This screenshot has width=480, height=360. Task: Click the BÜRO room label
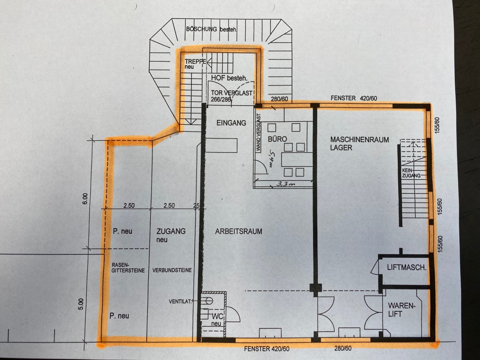tap(278, 139)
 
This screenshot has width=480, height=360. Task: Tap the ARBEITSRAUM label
tap(238, 231)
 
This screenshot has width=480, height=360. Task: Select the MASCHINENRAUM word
tap(359, 139)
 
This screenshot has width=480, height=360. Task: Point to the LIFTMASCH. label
tap(407, 267)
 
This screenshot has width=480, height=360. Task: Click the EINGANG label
tap(231, 123)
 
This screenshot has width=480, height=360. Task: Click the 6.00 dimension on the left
tap(85, 198)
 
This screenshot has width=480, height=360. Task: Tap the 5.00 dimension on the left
tap(81, 304)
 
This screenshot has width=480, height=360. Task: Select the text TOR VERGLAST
tap(231, 93)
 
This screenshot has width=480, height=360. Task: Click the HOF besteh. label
tap(229, 78)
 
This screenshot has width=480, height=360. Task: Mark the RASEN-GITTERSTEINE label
tap(128, 268)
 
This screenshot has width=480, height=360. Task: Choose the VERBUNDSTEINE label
tap(172, 270)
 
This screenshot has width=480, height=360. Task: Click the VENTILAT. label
tap(180, 301)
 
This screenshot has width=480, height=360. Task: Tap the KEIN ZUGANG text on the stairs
tap(411, 173)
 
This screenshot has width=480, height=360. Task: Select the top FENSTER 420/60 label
tap(354, 98)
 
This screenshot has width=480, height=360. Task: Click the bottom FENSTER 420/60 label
tap(267, 348)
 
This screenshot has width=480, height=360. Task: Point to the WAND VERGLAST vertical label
tap(258, 133)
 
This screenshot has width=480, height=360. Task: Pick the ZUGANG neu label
tap(171, 235)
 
